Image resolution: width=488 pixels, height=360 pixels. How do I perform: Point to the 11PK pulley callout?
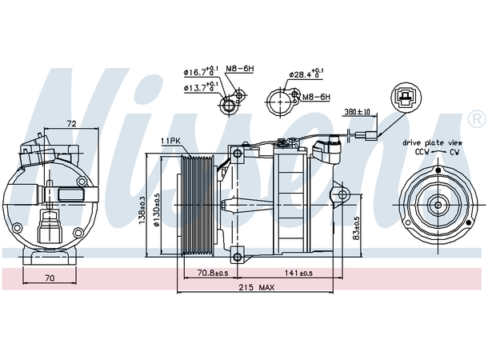(x=170, y=141)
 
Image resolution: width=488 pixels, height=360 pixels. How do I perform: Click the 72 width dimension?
(x=70, y=125)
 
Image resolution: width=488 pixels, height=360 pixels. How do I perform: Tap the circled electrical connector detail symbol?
(x=406, y=100)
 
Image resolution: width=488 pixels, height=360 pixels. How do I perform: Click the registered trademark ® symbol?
(x=477, y=118)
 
